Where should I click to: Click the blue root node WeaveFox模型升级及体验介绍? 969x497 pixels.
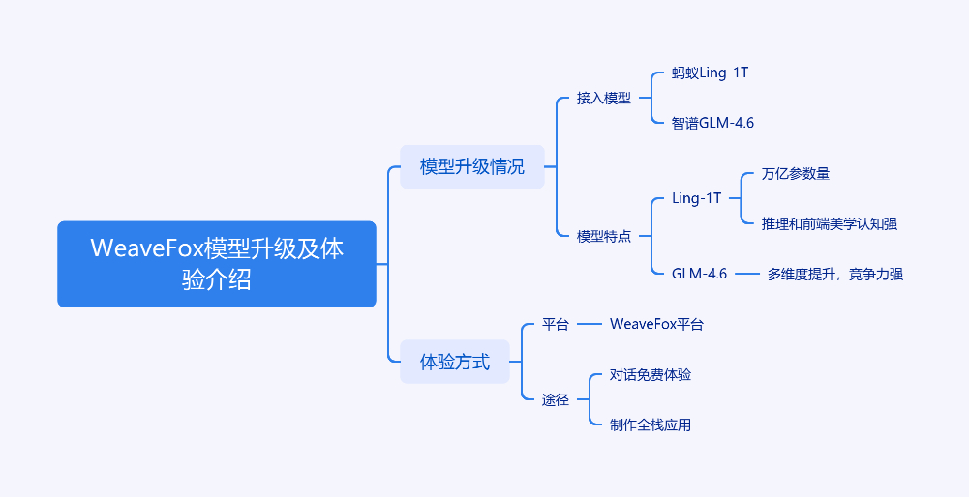216,264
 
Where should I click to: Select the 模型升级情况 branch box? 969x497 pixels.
472,166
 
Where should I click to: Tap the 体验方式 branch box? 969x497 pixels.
455,363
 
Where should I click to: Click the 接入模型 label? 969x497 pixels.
603,98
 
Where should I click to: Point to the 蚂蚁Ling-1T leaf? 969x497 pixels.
710,73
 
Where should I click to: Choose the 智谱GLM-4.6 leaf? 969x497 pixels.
712,123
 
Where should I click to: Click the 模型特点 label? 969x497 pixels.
603,236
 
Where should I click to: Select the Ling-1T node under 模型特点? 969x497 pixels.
696,198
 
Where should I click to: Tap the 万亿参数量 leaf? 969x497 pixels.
796,174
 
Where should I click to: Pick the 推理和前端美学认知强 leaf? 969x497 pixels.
829,223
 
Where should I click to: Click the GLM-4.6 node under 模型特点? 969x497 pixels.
699,274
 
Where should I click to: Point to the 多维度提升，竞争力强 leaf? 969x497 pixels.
834,274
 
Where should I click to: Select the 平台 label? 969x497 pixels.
556,324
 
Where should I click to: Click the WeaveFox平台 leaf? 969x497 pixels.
656,324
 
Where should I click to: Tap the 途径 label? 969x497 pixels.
556,399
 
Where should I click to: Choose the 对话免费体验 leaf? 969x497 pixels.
651,374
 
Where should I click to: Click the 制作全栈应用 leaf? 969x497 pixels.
651,424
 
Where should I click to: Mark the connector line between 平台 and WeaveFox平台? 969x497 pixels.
590,324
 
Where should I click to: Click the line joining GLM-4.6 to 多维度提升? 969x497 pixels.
746,274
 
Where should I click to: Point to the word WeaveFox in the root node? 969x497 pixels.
146,248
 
